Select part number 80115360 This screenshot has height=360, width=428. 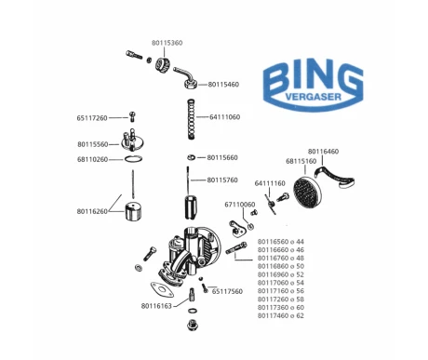click(x=167, y=43)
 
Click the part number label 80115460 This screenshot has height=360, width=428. click(x=223, y=84)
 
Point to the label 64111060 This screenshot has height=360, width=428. click(x=225, y=117)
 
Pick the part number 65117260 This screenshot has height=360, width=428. click(x=92, y=118)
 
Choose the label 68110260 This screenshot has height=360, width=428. click(x=92, y=159)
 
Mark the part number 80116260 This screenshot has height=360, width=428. click(x=92, y=211)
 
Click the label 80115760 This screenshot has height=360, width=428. click(x=223, y=180)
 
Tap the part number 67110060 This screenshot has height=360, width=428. click(x=240, y=204)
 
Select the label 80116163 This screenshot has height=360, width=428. click(x=157, y=305)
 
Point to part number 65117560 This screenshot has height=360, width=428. click(x=227, y=291)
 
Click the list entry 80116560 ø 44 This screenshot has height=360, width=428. click(x=280, y=241)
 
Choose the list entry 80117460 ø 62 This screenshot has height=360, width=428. click(x=280, y=315)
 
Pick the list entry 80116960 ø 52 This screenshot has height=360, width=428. click(x=280, y=274)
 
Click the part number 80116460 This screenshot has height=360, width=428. click(x=324, y=151)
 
